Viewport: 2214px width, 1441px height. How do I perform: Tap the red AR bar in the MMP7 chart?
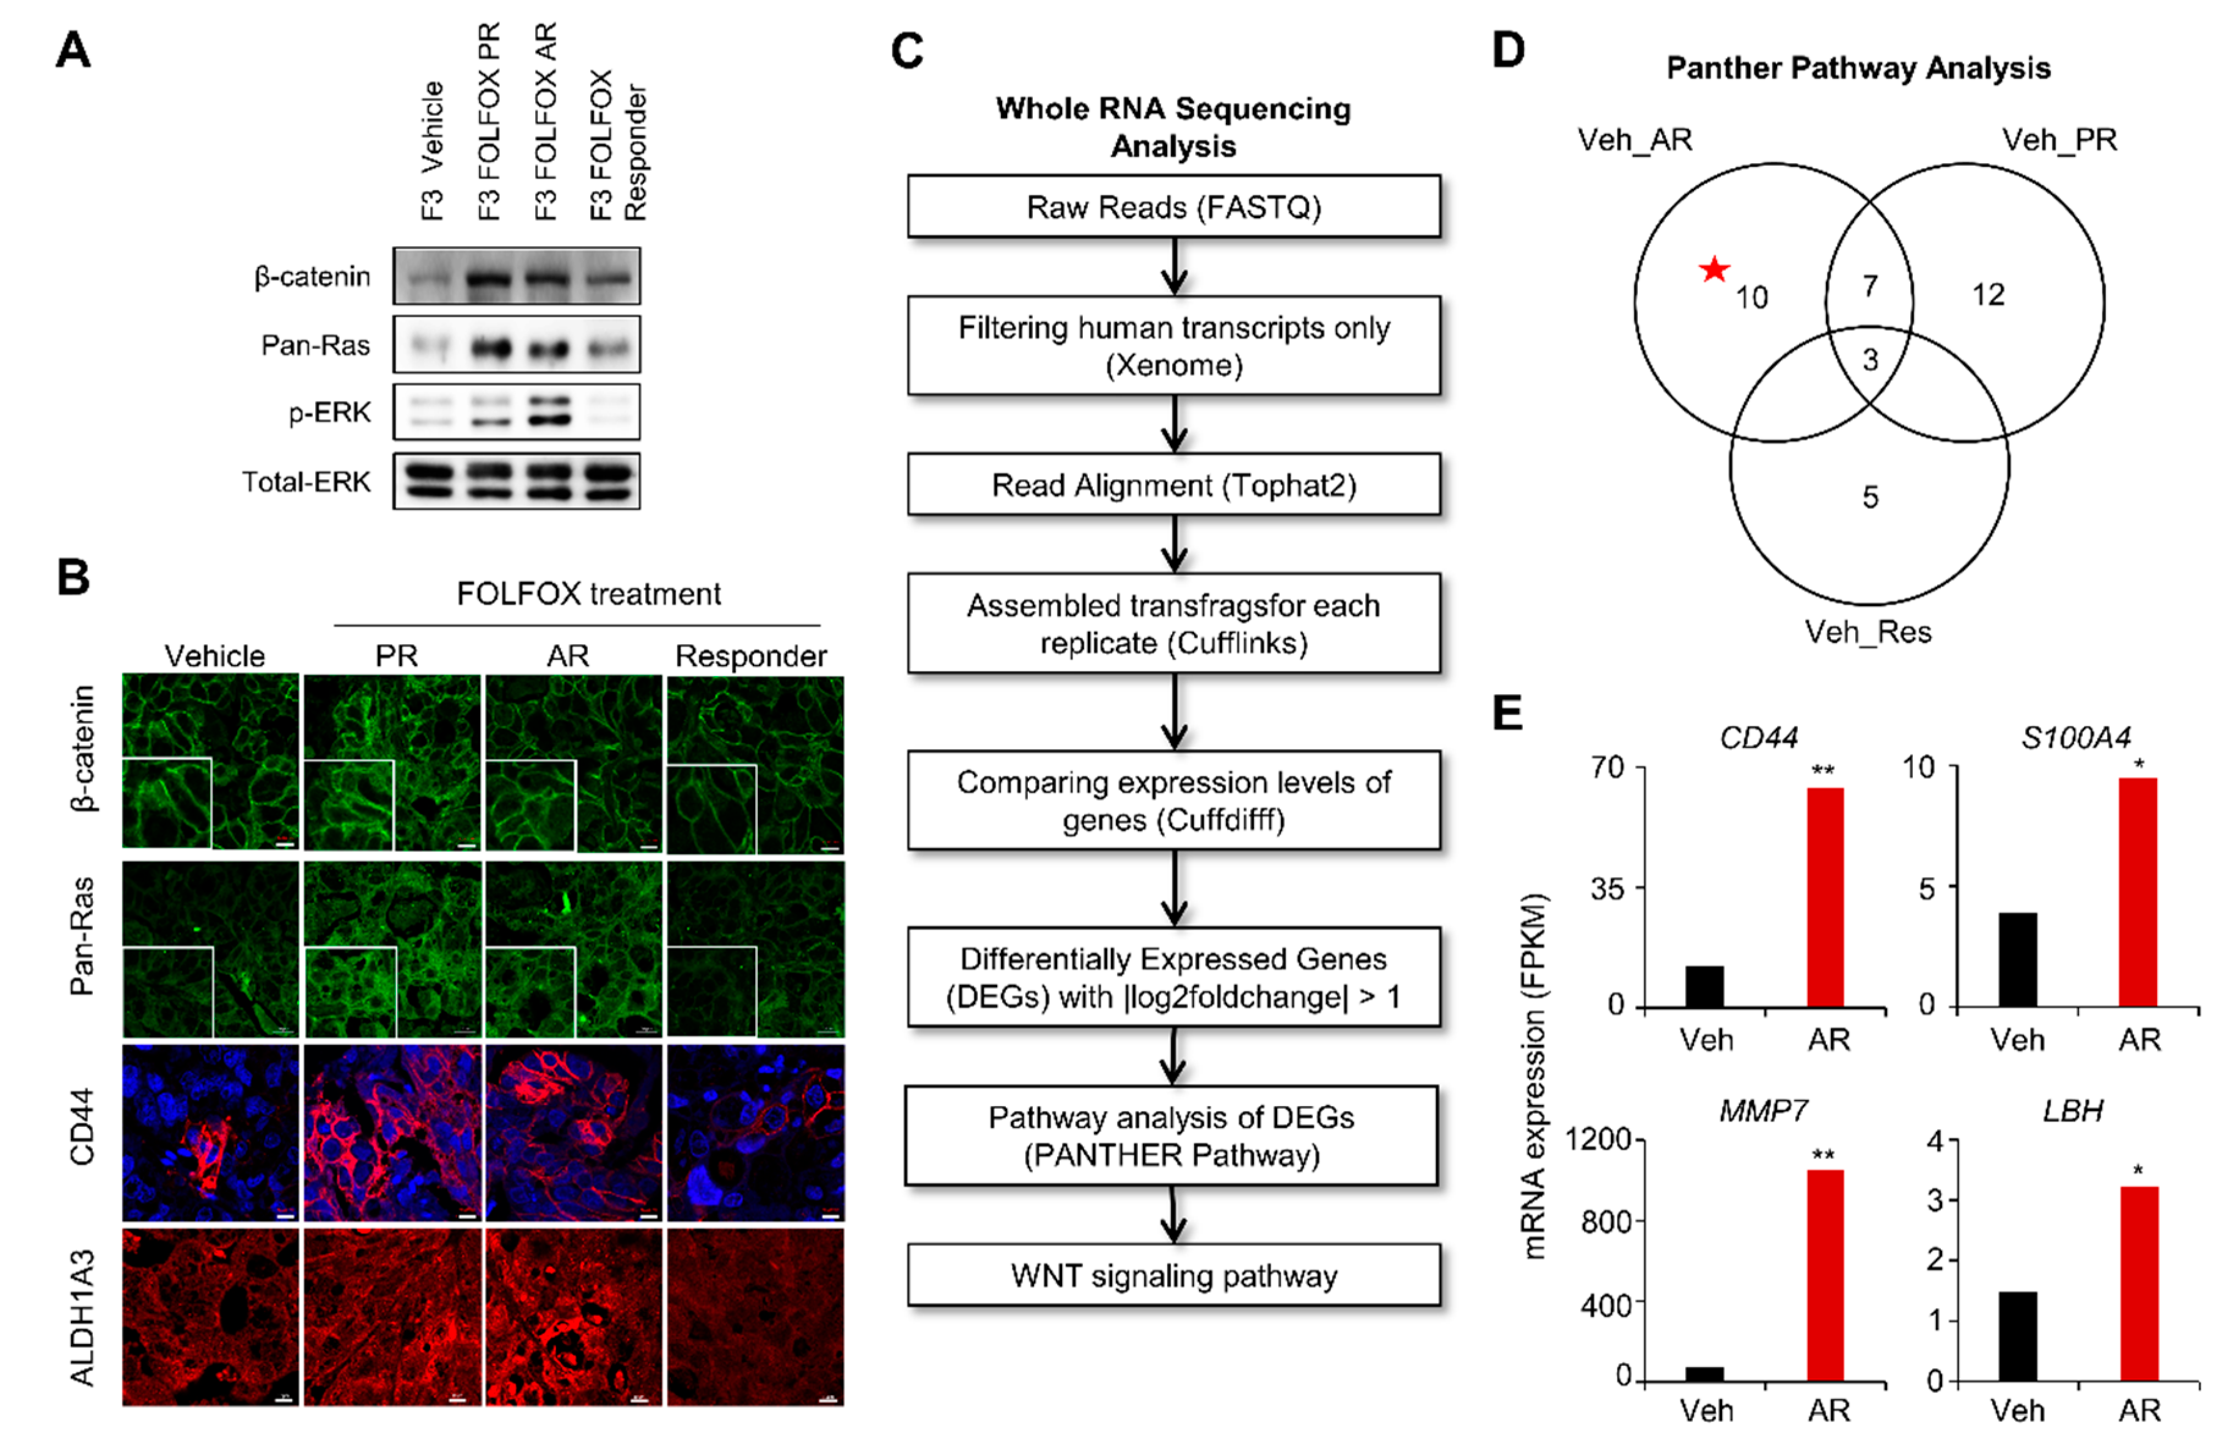point(1825,1275)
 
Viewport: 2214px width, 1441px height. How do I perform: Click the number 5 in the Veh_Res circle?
point(1870,497)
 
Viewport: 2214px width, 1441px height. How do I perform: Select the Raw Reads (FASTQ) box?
point(1173,207)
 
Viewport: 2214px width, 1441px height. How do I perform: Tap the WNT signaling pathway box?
point(1173,1275)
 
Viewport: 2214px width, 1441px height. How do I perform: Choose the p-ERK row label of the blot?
point(329,412)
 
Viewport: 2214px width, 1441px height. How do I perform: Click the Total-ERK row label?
point(306,482)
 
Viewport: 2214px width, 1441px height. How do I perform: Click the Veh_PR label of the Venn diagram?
point(2059,141)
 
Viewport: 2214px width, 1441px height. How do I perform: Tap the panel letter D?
point(1508,50)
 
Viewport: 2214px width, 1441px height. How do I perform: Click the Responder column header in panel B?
point(750,656)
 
